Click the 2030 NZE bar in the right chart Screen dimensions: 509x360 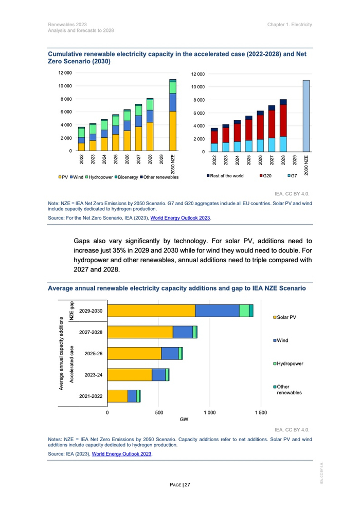pyautogui.click(x=306, y=116)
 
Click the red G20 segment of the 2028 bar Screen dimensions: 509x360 pyautogui.click(x=283, y=121)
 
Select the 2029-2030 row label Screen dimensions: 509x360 pyautogui.click(x=91, y=311)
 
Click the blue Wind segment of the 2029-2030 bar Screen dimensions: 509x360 pyautogui.click(x=217, y=311)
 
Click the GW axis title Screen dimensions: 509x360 pyautogui.click(x=184, y=420)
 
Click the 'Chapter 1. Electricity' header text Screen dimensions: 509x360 pyautogui.click(x=290, y=25)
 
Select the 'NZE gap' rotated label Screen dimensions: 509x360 pyautogui.click(x=71, y=311)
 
